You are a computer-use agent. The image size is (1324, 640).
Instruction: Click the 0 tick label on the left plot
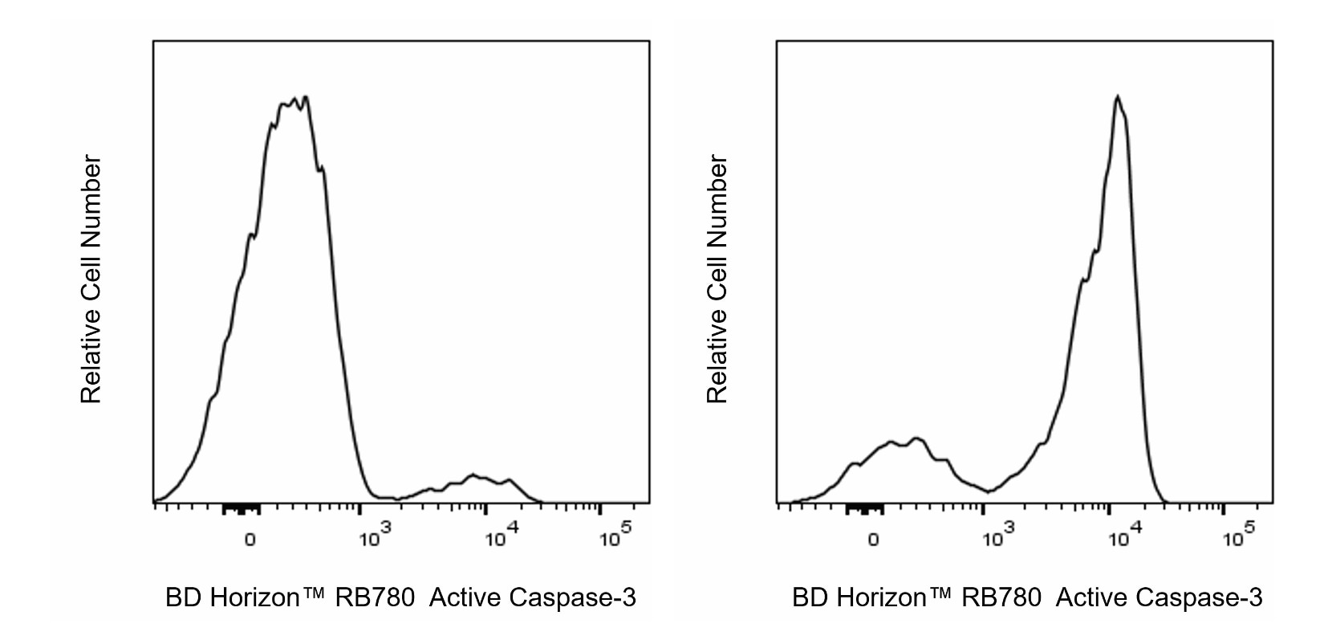pos(250,540)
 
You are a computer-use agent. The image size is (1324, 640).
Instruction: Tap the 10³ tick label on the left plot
pos(374,536)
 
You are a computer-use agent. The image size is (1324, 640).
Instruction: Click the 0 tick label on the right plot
pos(873,540)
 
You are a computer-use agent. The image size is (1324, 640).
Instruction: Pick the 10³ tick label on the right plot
pos(997,536)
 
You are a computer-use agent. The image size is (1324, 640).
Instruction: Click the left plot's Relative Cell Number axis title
pos(91,279)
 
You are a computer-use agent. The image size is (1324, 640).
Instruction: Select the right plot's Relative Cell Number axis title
pos(717,279)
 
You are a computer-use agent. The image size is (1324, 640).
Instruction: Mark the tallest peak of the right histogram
pos(1117,97)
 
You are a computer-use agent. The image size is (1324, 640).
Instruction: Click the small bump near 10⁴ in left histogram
pos(475,475)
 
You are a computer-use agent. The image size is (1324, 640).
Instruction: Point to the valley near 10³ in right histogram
pos(991,490)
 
